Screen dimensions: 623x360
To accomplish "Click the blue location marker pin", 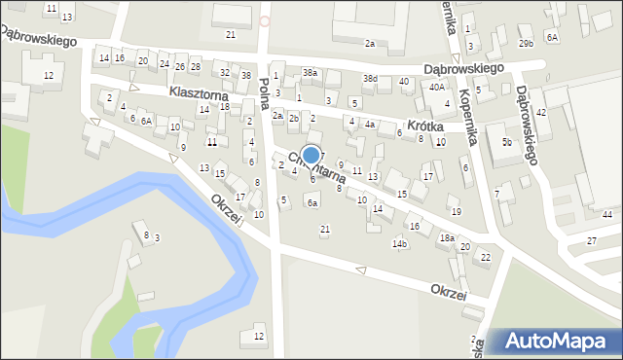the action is click(311, 156).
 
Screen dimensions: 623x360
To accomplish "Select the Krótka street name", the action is click(425, 126).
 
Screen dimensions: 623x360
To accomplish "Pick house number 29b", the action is click(527, 44).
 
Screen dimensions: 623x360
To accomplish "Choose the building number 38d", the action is click(370, 78).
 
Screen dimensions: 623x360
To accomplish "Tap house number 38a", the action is click(310, 73).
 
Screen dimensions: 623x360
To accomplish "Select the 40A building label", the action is click(437, 88).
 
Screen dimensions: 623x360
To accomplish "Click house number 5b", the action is click(507, 143).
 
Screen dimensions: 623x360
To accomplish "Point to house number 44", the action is click(606, 214).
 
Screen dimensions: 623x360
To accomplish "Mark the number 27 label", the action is click(591, 240).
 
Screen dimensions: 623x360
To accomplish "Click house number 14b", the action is click(399, 243).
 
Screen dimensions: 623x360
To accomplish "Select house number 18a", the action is click(446, 237).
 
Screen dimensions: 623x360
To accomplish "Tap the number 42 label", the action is click(541, 113).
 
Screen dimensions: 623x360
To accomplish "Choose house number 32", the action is click(225, 73).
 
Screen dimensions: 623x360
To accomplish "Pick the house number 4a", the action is click(369, 125).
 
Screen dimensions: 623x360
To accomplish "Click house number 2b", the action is click(293, 118).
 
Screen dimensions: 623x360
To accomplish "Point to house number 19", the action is click(455, 211).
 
